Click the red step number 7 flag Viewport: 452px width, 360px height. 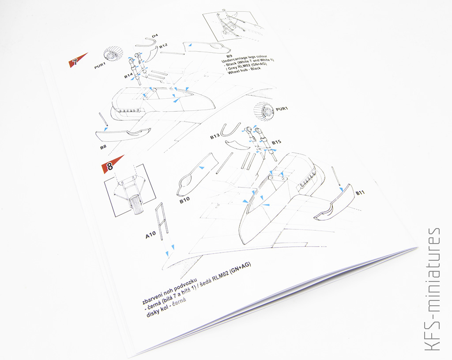(x=77, y=60)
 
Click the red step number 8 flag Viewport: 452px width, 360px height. (x=111, y=165)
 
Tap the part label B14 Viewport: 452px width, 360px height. (x=128, y=76)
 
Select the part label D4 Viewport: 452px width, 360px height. (x=155, y=35)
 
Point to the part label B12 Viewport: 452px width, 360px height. (x=163, y=45)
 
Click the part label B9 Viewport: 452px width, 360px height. (x=229, y=56)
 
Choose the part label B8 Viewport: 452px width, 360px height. (x=103, y=147)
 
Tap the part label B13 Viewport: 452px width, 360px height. (x=215, y=136)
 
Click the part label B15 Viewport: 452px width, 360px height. (x=276, y=142)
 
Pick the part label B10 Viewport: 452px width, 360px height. (x=185, y=200)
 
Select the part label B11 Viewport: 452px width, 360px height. (x=360, y=193)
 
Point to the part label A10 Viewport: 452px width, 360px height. (x=151, y=235)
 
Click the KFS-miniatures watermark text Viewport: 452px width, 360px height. (x=433, y=289)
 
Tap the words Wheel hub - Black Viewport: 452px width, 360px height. (x=245, y=70)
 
